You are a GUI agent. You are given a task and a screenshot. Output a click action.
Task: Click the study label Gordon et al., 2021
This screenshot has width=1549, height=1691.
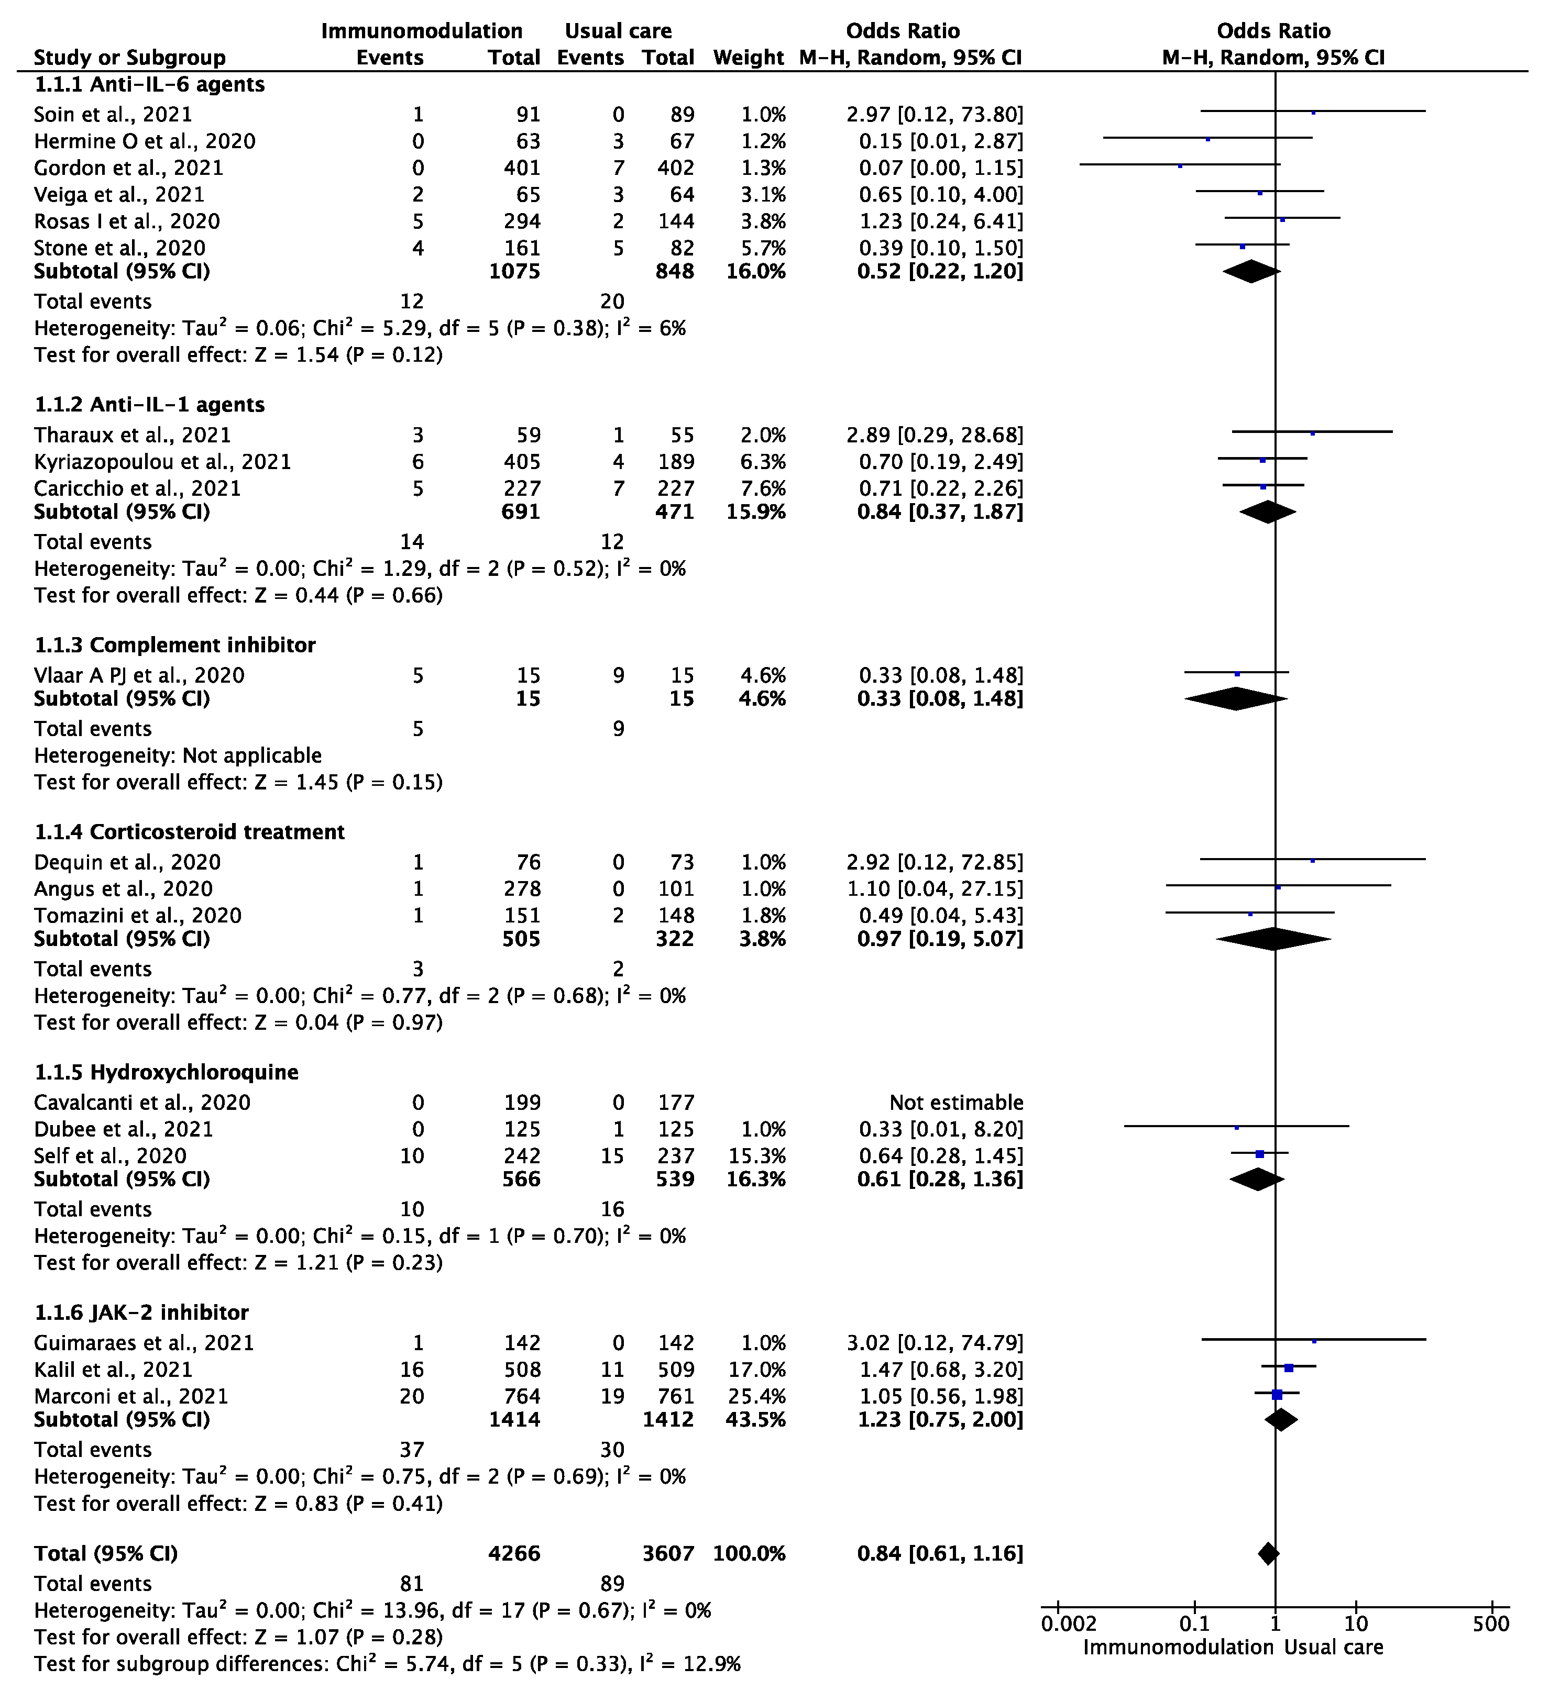(128, 168)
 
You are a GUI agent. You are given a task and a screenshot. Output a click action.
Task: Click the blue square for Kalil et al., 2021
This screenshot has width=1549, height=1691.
(1289, 1368)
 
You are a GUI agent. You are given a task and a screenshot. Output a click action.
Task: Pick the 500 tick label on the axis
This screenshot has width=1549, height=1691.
(1490, 1624)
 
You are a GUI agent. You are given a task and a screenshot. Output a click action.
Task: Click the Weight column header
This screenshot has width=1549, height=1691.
(748, 58)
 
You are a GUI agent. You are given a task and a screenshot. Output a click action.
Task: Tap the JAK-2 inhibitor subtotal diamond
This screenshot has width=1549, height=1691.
(1280, 1420)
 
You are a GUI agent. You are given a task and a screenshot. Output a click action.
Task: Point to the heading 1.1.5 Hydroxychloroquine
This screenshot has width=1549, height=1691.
(166, 1072)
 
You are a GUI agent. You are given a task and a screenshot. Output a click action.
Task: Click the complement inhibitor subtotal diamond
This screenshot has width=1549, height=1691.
(1235, 699)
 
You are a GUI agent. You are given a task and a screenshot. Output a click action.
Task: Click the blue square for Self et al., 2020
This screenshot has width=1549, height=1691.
(1259, 1154)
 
